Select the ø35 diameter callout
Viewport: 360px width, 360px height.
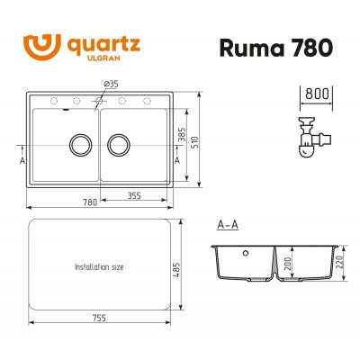click(x=112, y=84)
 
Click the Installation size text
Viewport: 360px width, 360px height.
click(x=100, y=268)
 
